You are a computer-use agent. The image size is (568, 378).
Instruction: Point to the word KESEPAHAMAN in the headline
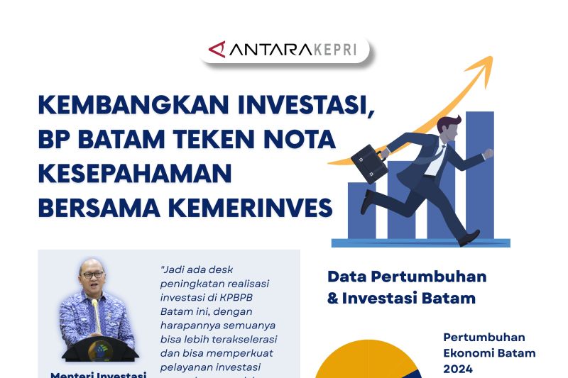(136, 173)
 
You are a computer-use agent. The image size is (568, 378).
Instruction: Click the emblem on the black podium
(96, 349)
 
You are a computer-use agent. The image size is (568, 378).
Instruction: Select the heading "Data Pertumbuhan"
(407, 277)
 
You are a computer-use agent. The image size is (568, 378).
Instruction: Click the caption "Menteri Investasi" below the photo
(98, 374)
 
